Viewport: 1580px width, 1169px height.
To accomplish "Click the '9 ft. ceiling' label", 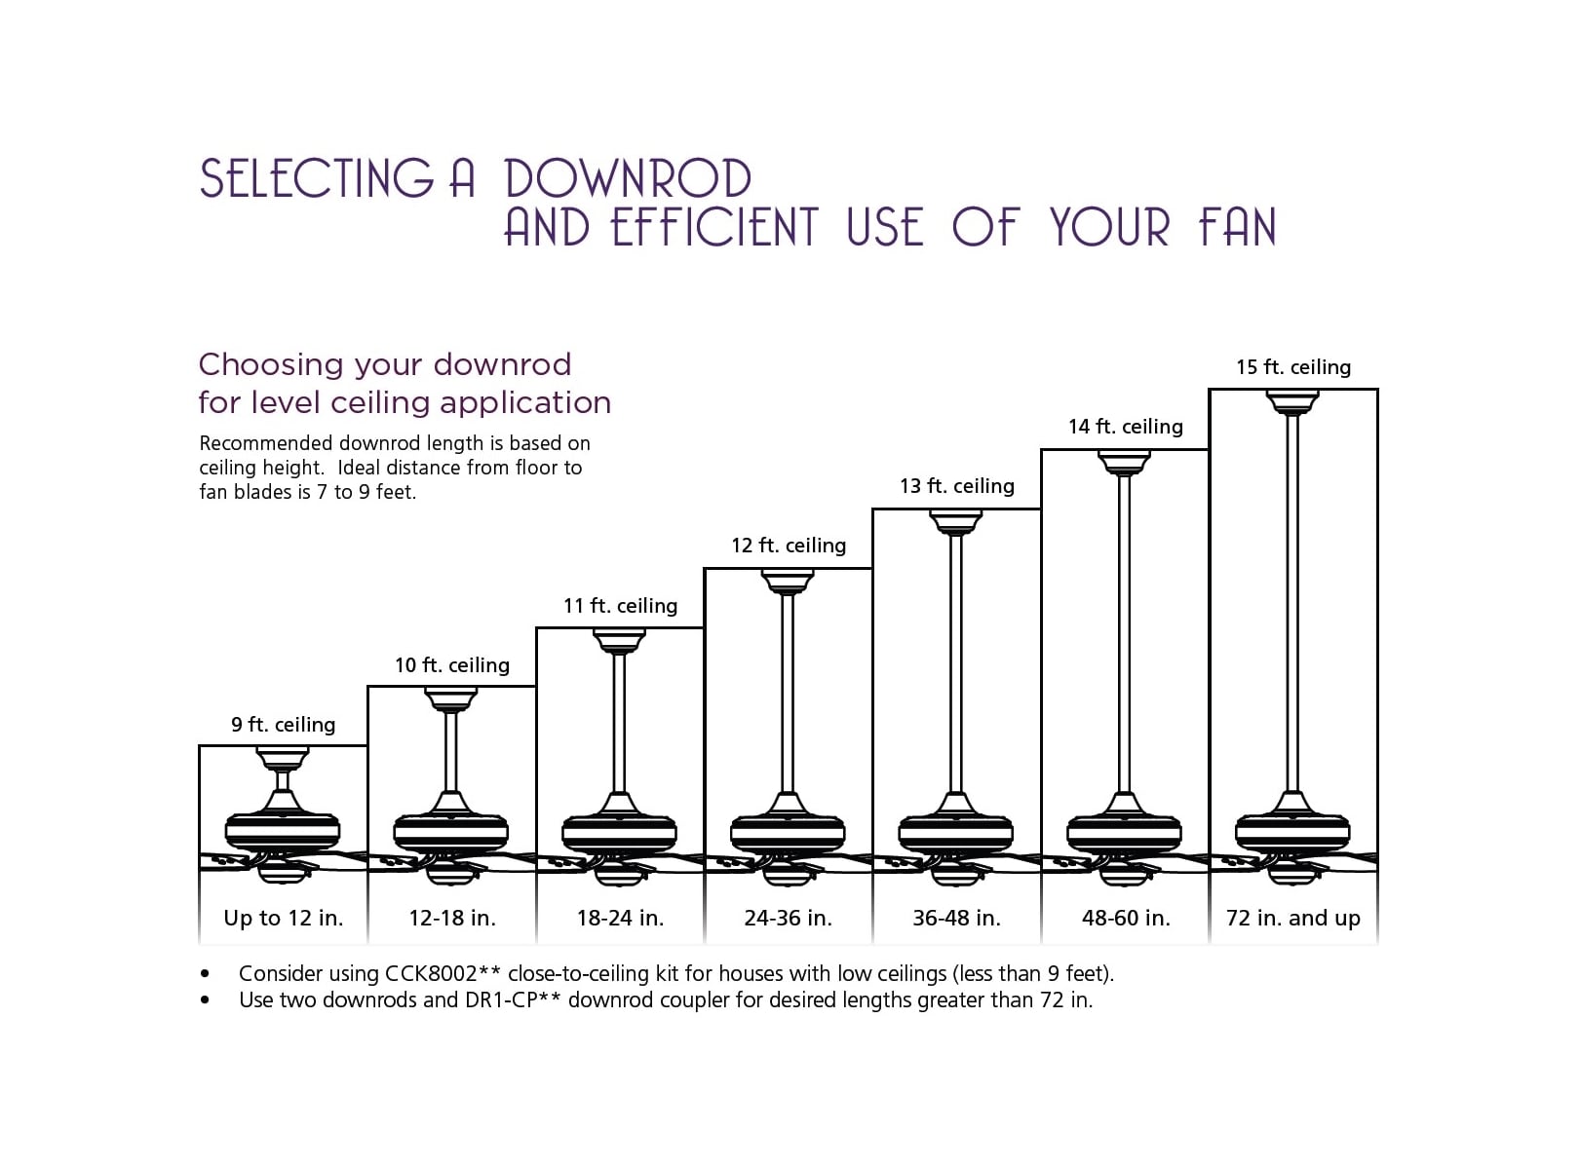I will (x=283, y=725).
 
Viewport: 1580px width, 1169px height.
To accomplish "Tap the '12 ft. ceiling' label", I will (x=789, y=546).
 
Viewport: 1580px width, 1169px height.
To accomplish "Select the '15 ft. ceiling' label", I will (x=1293, y=367).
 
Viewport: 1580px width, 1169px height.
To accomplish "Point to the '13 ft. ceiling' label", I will (x=957, y=486).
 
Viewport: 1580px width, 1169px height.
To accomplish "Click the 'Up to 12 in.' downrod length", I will (x=284, y=918).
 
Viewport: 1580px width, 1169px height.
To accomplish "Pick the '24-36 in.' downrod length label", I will (x=788, y=918).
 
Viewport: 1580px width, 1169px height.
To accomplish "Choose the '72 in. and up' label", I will (x=1292, y=918).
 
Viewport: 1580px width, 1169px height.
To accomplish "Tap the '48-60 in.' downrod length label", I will (x=1126, y=918).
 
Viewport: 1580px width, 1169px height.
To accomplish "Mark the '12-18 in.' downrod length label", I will (x=452, y=918).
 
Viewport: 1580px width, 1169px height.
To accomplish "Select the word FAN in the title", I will (x=1237, y=228).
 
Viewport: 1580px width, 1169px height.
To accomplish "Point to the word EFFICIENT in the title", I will (x=714, y=228).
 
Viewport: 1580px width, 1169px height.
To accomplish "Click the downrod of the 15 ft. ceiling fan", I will (x=1292, y=604).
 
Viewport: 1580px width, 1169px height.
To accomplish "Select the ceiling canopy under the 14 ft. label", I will (x=1124, y=461).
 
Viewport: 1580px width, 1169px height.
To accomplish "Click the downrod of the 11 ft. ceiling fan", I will (x=619, y=722).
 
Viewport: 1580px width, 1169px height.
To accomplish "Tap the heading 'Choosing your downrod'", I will (x=385, y=364).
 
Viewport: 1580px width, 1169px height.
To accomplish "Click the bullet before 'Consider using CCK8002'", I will (x=205, y=973).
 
